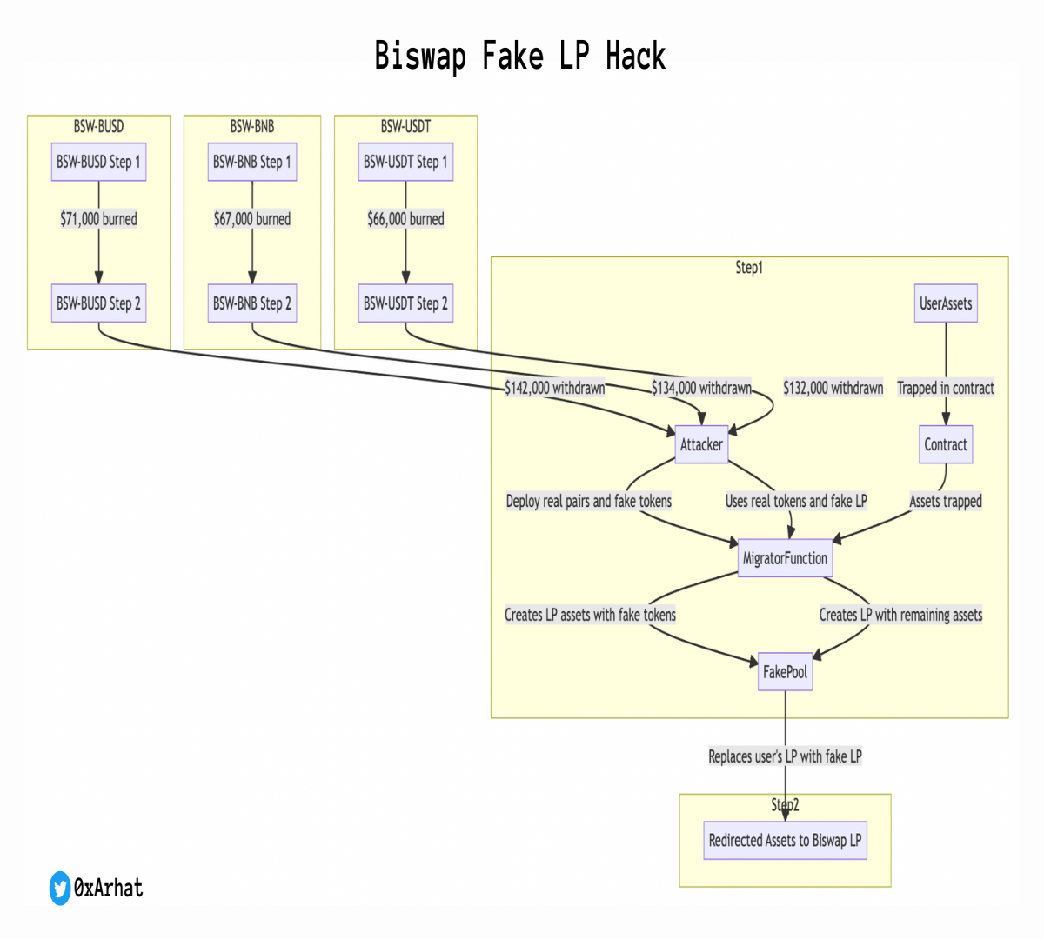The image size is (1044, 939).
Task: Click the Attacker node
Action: click(701, 444)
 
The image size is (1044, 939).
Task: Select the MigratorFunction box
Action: click(785, 558)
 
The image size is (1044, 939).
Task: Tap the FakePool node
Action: click(785, 671)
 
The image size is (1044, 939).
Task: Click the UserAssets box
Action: click(946, 303)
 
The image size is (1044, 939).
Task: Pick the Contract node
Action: click(946, 444)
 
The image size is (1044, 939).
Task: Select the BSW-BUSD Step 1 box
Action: click(98, 162)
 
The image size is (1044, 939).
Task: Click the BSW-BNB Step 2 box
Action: click(252, 303)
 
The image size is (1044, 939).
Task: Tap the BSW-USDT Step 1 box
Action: click(405, 162)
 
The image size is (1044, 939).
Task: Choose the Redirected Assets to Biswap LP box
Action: click(785, 840)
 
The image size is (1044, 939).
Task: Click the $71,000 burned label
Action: click(98, 219)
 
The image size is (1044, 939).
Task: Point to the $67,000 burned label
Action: click(252, 219)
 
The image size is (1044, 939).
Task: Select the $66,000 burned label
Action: click(405, 219)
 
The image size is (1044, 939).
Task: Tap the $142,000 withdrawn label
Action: click(555, 388)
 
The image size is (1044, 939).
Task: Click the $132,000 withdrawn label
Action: click(833, 388)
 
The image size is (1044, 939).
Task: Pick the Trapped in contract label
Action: click(946, 388)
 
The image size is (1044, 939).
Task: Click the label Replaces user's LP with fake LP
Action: click(785, 756)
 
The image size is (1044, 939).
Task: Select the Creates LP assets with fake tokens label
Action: click(590, 615)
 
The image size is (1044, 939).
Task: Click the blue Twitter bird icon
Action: click(60, 888)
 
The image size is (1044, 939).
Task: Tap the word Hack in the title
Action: click(635, 56)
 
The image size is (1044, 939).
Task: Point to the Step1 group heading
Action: click(749, 268)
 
